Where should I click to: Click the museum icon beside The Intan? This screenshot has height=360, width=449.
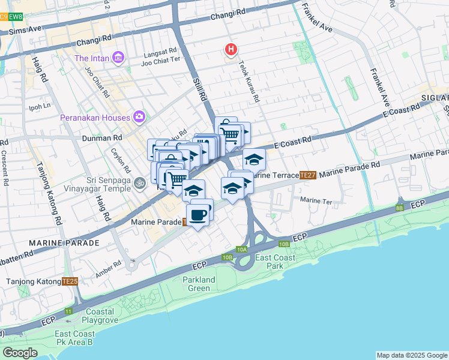pyautogui.click(x=118, y=58)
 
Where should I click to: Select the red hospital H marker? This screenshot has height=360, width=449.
pyautogui.click(x=230, y=49)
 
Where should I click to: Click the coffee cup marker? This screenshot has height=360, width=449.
pyautogui.click(x=199, y=214)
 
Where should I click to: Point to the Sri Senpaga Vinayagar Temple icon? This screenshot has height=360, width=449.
pyautogui.click(x=140, y=182)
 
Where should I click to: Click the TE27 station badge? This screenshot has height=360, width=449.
pyautogui.click(x=307, y=175)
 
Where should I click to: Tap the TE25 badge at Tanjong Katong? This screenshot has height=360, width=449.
pyautogui.click(x=70, y=281)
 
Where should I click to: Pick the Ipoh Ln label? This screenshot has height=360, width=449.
pyautogui.click(x=40, y=107)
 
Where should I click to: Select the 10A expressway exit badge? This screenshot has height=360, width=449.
pyautogui.click(x=241, y=249)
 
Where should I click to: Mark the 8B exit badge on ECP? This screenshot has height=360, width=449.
pyautogui.click(x=400, y=208)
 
